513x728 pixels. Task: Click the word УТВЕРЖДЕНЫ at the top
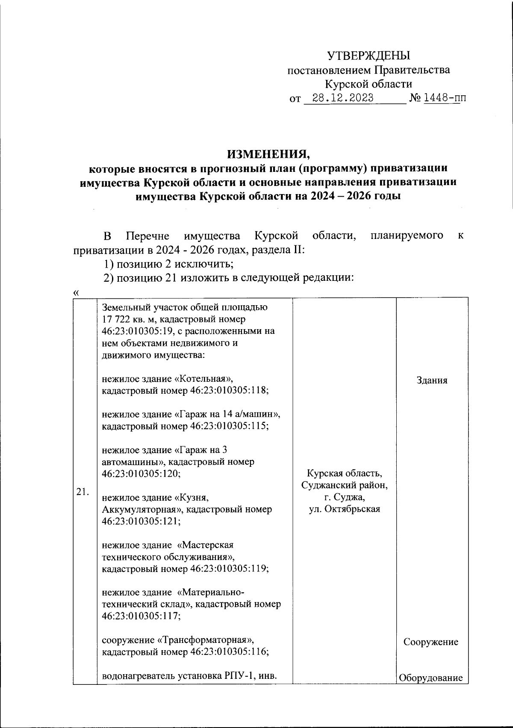pyautogui.click(x=368, y=56)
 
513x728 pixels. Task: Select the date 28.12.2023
pyautogui.click(x=343, y=98)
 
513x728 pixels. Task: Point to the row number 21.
pyautogui.click(x=83, y=492)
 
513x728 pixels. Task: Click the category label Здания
pyautogui.click(x=432, y=380)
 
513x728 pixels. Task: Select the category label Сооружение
pyautogui.click(x=431, y=642)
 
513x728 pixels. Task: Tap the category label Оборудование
pyautogui.click(x=431, y=678)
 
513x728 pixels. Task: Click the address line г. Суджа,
pyautogui.click(x=345, y=497)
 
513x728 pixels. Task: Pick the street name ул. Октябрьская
pyautogui.click(x=345, y=509)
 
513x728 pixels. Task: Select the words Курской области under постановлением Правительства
pyautogui.click(x=368, y=84)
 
